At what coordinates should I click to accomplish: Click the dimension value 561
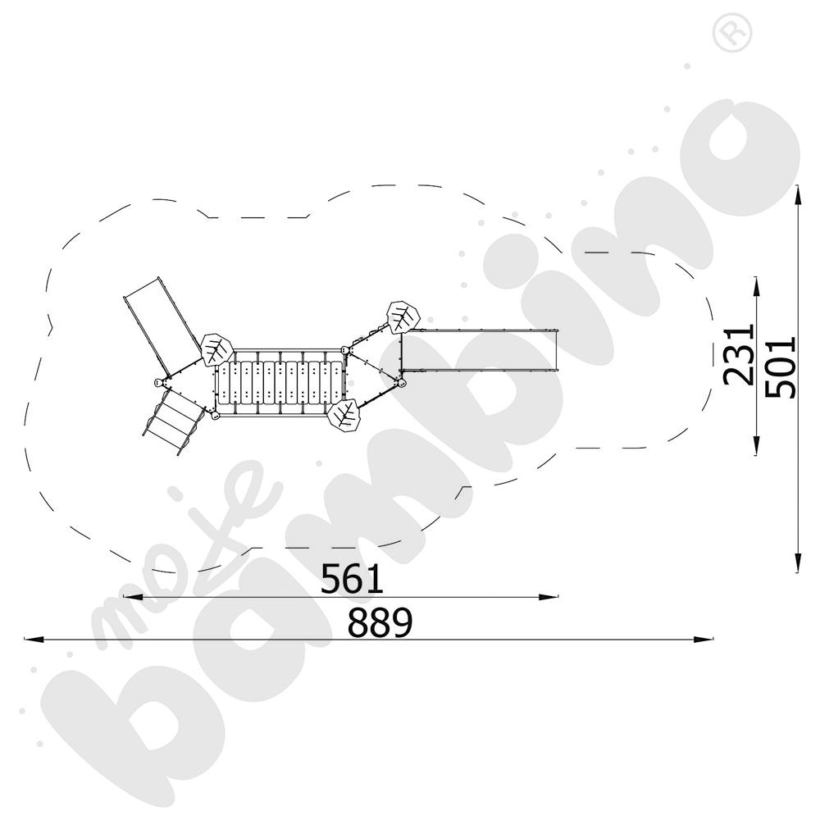(x=352, y=578)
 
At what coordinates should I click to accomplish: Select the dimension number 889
(x=380, y=622)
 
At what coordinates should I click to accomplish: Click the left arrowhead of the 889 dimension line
(x=34, y=639)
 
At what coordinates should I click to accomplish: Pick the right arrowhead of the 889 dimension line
(x=704, y=639)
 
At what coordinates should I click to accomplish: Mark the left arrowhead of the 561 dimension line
(x=133, y=597)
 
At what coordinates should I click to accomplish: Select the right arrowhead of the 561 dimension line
(x=549, y=597)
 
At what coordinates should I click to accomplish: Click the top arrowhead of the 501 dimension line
(x=798, y=194)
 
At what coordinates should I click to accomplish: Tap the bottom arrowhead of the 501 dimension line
(x=798, y=563)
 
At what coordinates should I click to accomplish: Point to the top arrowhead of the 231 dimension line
(x=756, y=286)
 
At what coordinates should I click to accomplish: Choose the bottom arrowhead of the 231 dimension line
(x=756, y=446)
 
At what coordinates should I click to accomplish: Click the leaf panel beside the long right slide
(x=403, y=317)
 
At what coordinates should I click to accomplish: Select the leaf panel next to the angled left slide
(x=216, y=349)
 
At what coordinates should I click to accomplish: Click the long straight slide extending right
(x=479, y=350)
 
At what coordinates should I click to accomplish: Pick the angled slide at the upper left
(x=161, y=324)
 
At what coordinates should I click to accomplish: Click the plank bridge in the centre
(x=280, y=383)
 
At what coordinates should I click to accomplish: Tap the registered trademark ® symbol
(x=732, y=33)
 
